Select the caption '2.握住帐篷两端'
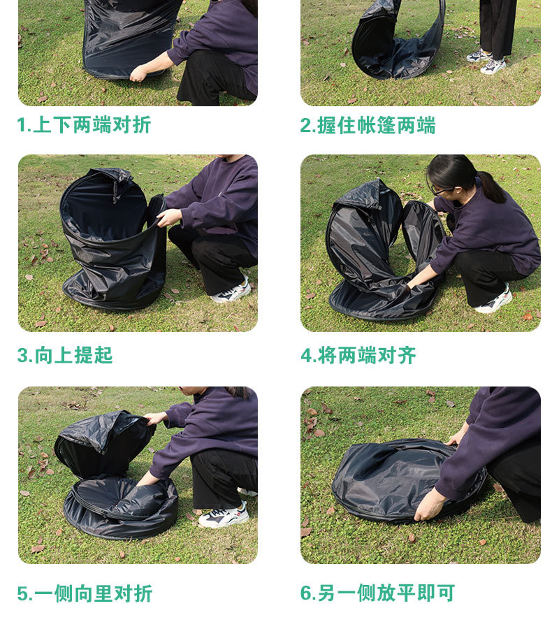click(368, 125)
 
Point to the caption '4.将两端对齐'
click(358, 355)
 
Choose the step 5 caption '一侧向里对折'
click(85, 593)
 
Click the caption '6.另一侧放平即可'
click(377, 593)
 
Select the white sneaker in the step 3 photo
click(231, 291)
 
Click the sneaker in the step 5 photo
click(223, 516)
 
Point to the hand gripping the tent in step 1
click(138, 73)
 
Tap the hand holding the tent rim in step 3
click(168, 217)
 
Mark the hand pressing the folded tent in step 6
click(428, 505)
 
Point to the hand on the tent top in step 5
click(155, 419)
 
